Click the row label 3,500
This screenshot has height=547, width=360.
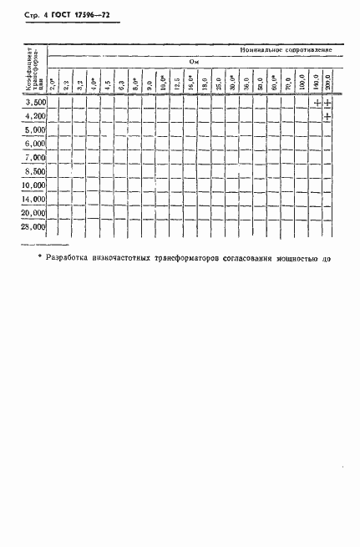pos(34,102)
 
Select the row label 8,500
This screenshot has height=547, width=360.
pos(34,171)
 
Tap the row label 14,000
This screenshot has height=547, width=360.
pos(34,200)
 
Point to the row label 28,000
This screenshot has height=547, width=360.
pos(34,226)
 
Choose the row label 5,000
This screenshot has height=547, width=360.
pos(34,130)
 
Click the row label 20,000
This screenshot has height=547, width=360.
pos(34,213)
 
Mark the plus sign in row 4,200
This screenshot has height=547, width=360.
pos(328,116)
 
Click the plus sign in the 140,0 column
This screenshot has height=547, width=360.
pos(316,103)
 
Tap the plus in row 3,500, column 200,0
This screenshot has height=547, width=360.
pos(328,103)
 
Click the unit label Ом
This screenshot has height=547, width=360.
pos(192,61)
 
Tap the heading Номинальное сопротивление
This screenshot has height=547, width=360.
pos(286,50)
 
